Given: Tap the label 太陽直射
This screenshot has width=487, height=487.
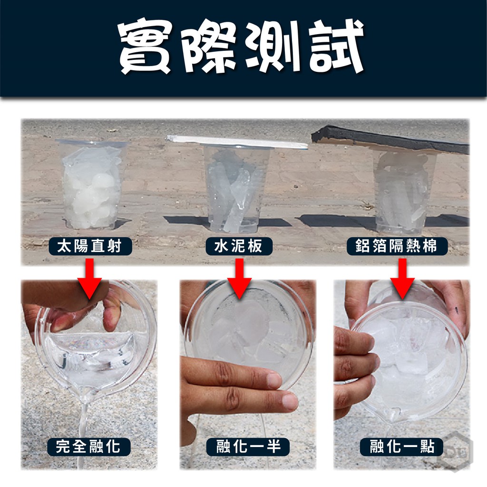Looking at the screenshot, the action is coord(90,247).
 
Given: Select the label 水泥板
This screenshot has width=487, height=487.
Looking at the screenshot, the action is coord(239,247).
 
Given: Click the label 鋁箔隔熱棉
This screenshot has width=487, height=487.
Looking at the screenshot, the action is coord(397,247).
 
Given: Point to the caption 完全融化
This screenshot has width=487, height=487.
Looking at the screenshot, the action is coord(88,447).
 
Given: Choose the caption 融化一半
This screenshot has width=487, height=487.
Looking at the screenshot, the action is coord(248,447).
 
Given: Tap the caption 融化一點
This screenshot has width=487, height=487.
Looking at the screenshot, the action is coord(401,447).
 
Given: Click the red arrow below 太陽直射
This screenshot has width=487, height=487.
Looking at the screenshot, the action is coord(90,279).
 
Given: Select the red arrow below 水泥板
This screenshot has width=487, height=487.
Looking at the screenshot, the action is coord(239,279).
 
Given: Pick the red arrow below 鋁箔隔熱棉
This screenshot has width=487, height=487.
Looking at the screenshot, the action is coord(402,279).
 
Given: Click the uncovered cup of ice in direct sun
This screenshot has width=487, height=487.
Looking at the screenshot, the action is coord(92,185).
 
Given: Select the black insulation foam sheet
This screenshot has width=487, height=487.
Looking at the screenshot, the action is coord(390,139).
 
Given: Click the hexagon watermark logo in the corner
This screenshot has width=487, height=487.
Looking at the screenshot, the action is coord(456,450).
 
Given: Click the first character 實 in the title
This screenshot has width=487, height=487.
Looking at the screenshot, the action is coord(146,47).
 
